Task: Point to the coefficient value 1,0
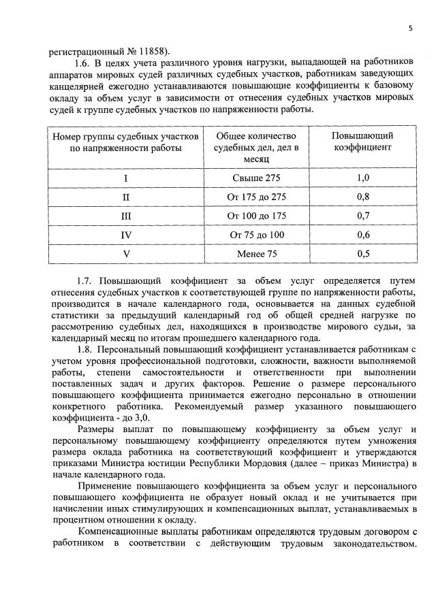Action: pos(363,178)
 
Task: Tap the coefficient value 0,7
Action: pos(363,216)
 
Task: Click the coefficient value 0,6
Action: pos(363,235)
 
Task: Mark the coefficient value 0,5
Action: pos(363,255)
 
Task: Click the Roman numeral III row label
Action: pos(125,216)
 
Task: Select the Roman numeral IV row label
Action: pos(125,235)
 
